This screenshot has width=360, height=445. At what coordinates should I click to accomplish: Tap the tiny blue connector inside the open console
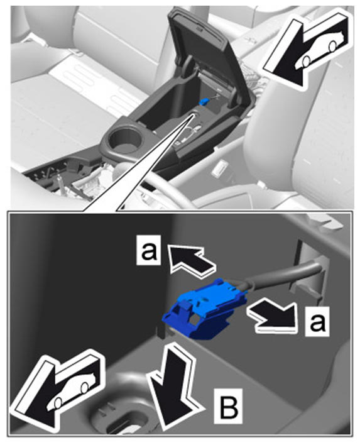coord(204,101)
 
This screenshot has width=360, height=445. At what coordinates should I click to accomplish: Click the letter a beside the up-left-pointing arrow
coord(148,250)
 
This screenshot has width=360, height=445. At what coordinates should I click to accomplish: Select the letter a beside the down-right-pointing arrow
coord(317,322)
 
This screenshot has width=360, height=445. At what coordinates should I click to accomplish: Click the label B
coord(228,405)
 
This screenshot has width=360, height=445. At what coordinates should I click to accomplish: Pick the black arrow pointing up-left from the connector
coord(192,259)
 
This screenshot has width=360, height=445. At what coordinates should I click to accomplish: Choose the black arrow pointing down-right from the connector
coord(272,316)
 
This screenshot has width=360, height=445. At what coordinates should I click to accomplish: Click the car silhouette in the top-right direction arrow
coord(320,50)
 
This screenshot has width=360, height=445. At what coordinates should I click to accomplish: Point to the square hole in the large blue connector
coord(195,321)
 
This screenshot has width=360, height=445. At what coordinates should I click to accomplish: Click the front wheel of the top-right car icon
coord(306,60)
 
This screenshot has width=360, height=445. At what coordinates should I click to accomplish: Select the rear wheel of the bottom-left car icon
coord(85,387)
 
